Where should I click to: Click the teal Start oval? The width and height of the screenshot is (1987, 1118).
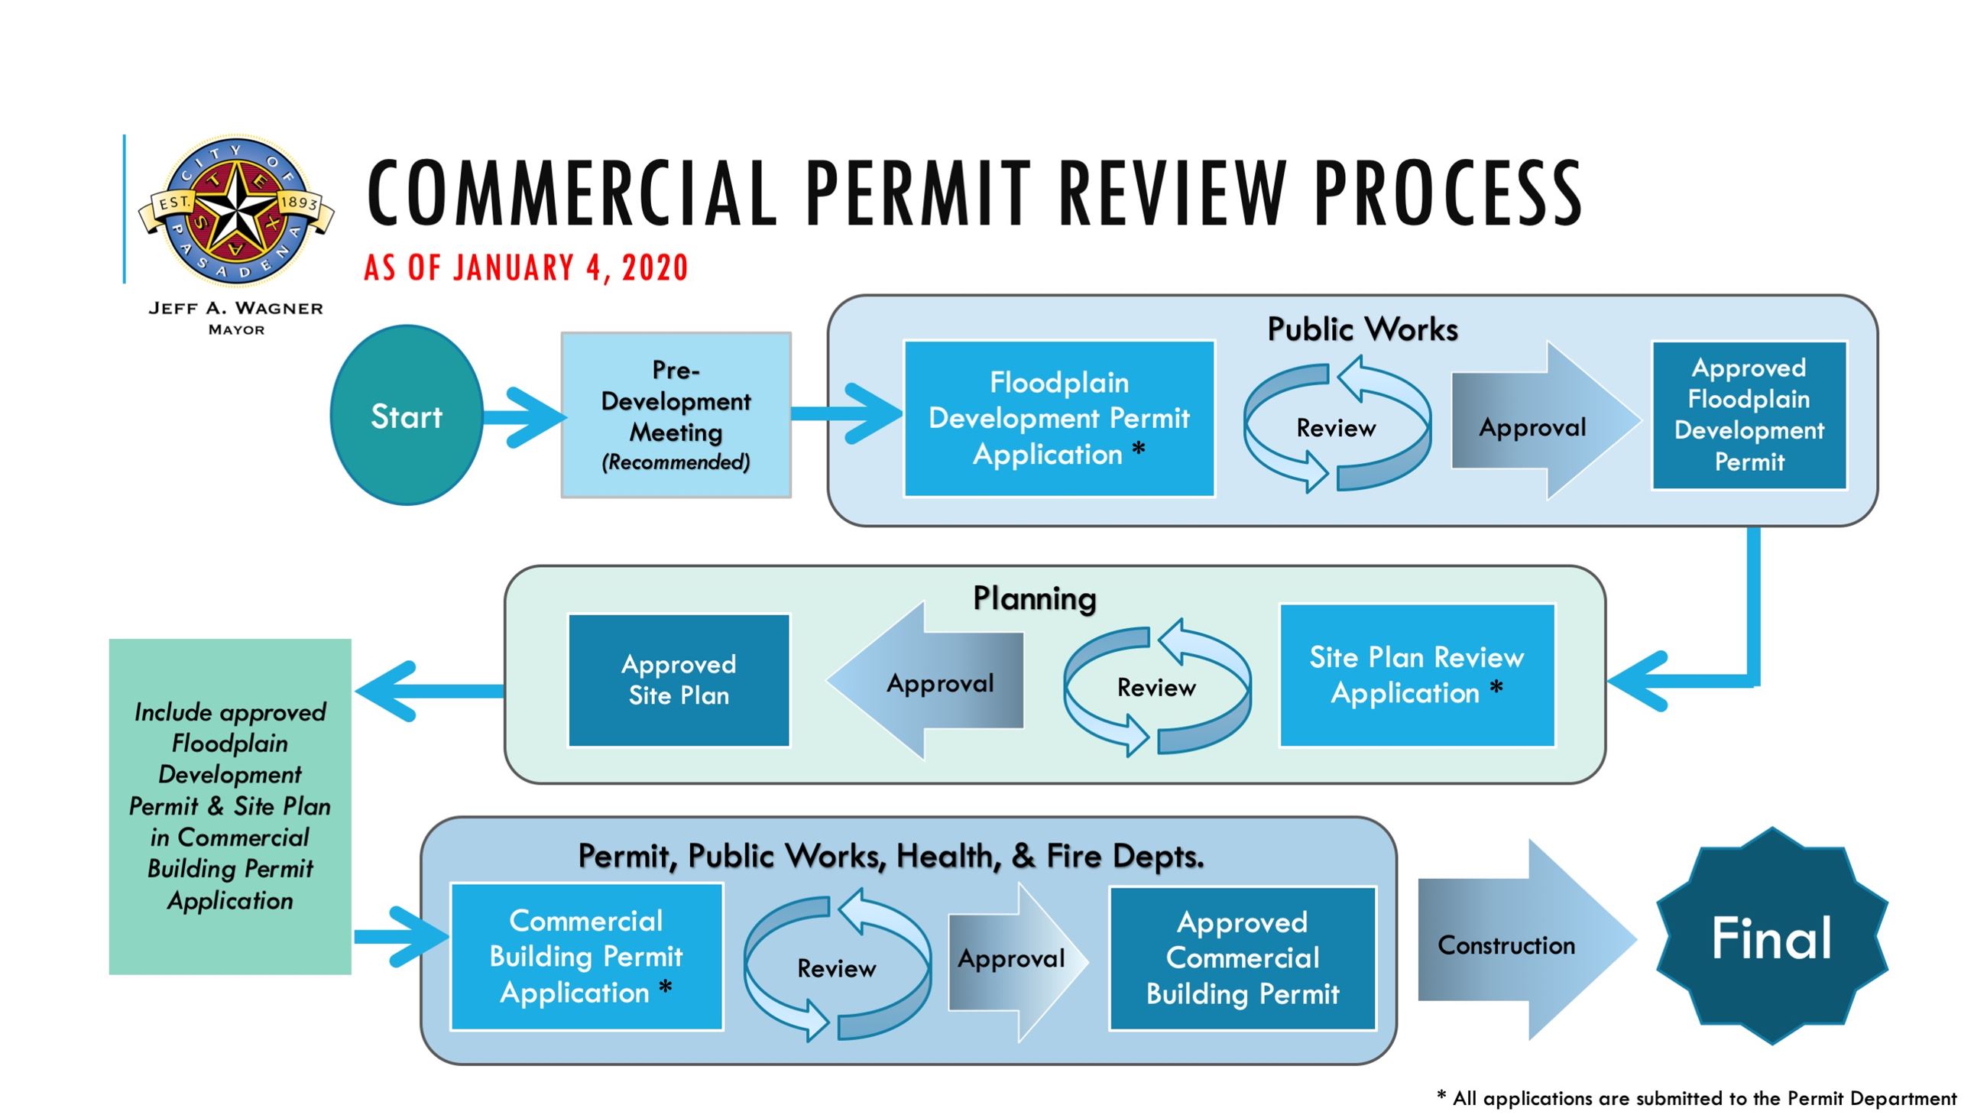click(407, 416)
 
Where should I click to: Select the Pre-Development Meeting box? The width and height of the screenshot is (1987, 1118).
click(676, 415)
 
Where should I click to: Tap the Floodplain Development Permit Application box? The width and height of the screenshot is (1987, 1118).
click(1058, 418)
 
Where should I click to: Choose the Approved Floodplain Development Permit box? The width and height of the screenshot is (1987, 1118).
click(1749, 415)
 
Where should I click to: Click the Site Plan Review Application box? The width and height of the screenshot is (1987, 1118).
click(1416, 675)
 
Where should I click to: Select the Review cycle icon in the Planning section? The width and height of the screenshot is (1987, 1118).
click(1156, 686)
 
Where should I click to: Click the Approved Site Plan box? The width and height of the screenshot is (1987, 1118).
click(678, 680)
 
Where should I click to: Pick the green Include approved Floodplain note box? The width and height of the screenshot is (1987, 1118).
click(230, 805)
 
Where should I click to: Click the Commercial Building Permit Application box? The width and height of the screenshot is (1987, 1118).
click(586, 956)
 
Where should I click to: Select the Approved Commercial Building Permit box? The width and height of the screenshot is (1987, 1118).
click(1242, 958)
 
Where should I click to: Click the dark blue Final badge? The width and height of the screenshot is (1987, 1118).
click(1771, 937)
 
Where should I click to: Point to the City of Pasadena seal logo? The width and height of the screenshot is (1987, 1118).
click(235, 210)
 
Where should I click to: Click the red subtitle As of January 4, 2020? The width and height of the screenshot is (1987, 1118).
click(525, 267)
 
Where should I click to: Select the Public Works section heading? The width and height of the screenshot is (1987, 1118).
click(1362, 329)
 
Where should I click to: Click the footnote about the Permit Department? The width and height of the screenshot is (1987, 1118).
click(1696, 1098)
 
